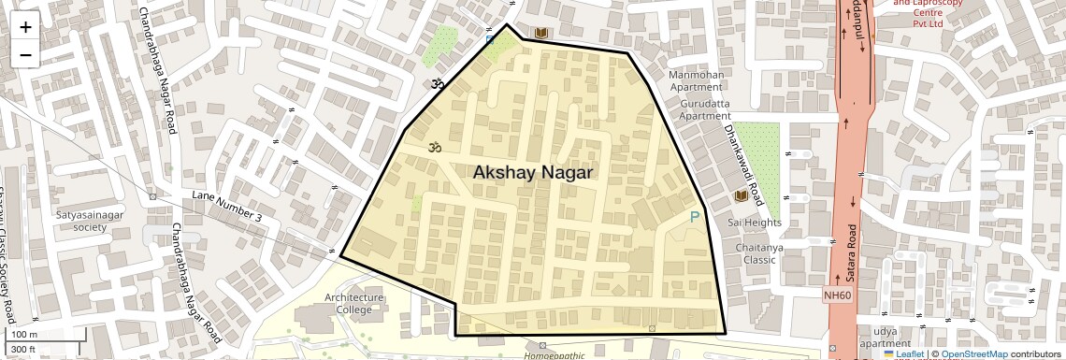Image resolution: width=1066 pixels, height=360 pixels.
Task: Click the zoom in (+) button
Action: tap(25, 26)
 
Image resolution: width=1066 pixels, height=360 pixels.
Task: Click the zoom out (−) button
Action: tap(25, 54)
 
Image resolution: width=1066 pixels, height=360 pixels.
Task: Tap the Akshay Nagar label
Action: tap(533, 173)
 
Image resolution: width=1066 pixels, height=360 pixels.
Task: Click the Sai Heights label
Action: tap(754, 223)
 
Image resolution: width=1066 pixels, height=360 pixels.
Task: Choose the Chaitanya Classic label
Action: tap(758, 253)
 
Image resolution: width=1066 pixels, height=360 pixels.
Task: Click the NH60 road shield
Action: tap(838, 295)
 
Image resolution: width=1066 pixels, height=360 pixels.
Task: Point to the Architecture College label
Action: tap(353, 304)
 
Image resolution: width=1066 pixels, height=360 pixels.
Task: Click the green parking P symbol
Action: tap(694, 217)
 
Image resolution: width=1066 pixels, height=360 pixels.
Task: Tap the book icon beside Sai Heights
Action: tap(741, 196)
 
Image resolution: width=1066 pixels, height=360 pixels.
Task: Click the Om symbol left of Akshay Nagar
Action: tap(433, 147)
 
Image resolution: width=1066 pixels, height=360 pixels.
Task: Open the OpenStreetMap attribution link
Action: tap(973, 354)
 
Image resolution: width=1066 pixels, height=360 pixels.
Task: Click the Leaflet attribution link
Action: tap(902, 354)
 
